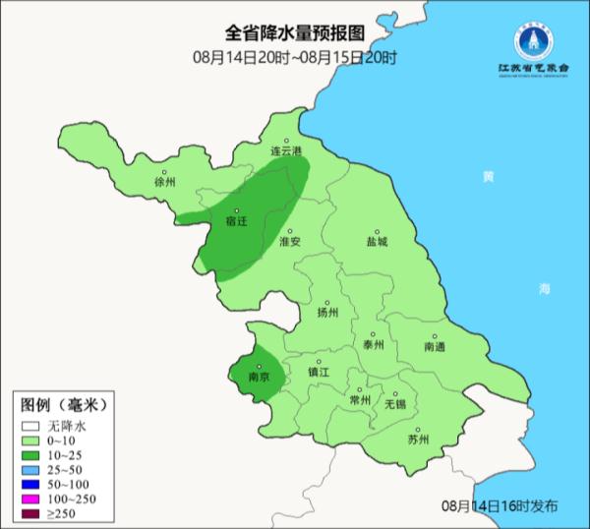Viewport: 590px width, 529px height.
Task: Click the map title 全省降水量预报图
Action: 294,35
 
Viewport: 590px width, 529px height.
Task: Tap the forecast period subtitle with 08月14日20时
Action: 294,57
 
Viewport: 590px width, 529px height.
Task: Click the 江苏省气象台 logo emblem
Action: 534,41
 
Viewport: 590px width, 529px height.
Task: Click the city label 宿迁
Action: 236,222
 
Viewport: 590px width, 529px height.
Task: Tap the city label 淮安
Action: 289,241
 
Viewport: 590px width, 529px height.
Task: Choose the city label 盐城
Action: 377,241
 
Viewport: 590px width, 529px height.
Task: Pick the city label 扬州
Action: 327,313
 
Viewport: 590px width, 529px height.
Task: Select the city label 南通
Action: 435,347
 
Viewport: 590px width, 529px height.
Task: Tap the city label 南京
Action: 260,376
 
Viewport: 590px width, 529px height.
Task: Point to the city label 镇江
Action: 320,373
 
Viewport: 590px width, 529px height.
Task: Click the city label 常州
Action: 360,400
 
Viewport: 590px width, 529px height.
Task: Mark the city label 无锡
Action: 394,404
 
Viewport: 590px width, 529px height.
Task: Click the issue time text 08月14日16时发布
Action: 499,505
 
